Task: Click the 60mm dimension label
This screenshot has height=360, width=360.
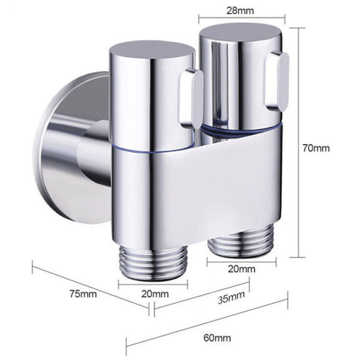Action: [218, 338]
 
